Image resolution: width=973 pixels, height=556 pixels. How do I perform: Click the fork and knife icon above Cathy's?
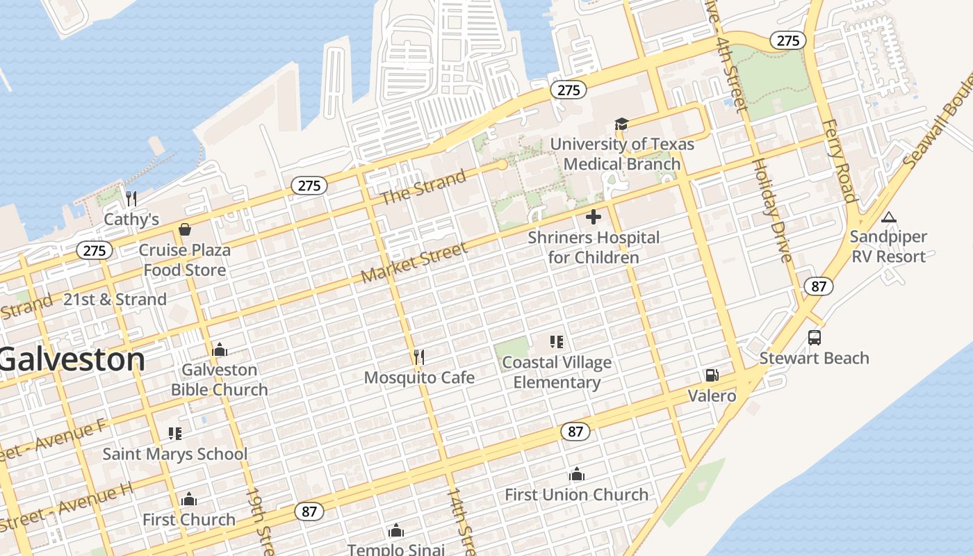(131, 199)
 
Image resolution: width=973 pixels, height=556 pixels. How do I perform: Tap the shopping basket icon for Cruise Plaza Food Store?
(185, 229)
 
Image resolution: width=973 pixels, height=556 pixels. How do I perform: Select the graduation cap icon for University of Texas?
(621, 124)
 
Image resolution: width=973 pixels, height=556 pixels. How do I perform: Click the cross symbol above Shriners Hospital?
(594, 217)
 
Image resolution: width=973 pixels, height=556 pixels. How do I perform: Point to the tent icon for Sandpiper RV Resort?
(888, 217)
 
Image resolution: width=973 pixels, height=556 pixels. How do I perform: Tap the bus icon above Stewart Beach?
(815, 338)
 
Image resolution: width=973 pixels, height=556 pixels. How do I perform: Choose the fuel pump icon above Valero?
(712, 375)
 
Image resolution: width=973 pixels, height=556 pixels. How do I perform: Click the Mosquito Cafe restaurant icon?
(418, 357)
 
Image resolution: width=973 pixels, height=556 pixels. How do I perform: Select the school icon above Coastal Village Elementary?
(556, 342)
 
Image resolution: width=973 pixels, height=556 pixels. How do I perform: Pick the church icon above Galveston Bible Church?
(220, 350)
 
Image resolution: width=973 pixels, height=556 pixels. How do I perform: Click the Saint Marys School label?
(174, 455)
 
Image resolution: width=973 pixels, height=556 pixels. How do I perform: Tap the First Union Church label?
(576, 495)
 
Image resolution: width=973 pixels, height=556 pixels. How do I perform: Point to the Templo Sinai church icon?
(396, 532)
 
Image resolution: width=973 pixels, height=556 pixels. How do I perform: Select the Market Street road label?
(414, 263)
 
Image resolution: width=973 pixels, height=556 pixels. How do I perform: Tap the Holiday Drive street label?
(771, 211)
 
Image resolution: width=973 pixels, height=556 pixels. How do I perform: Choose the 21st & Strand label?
(115, 300)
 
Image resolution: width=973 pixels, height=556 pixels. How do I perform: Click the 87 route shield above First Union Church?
(575, 432)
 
